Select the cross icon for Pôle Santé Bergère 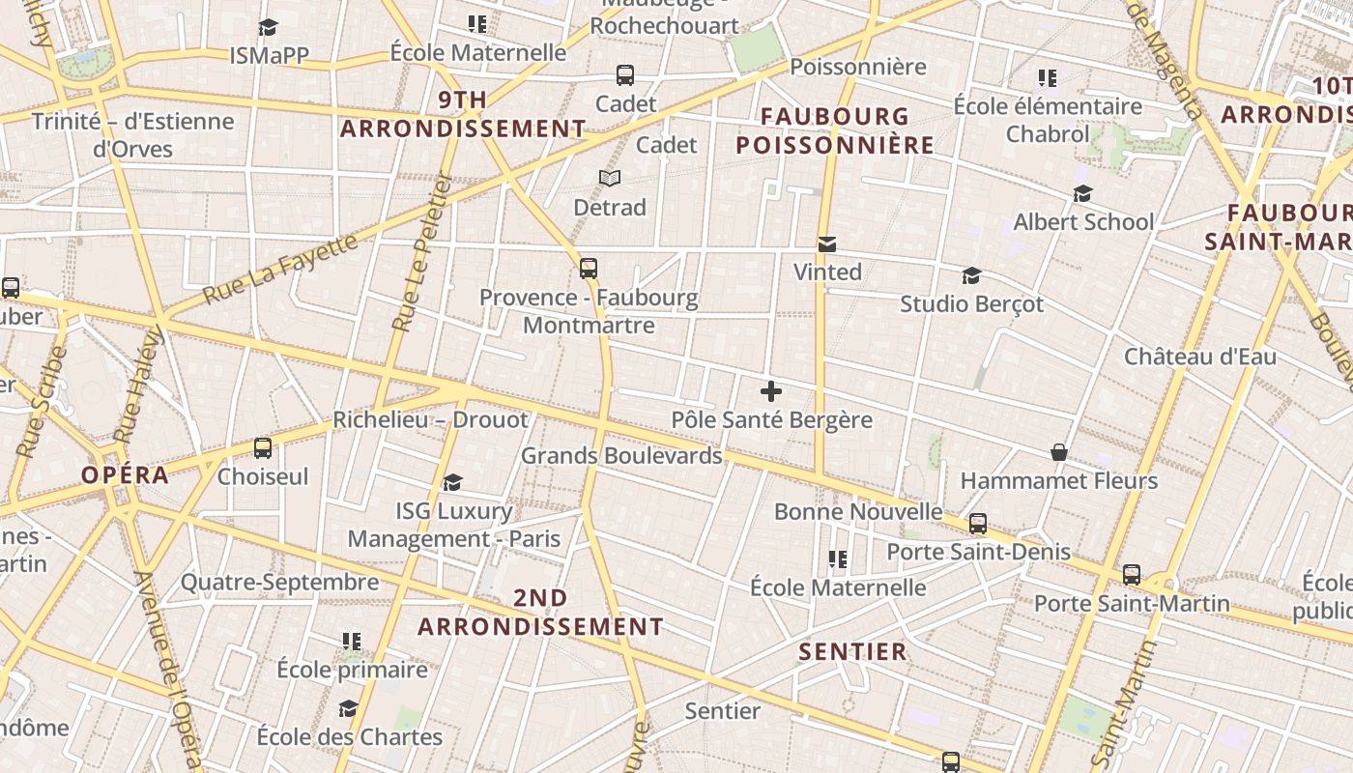(x=771, y=391)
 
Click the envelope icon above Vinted (x=827, y=244)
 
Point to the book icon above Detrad (x=610, y=178)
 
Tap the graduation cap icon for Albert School (x=1082, y=194)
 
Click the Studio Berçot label (x=971, y=304)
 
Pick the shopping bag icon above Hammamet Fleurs (x=1059, y=452)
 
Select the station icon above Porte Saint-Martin (x=1132, y=575)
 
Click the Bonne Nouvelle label (x=858, y=511)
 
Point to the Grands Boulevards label (x=621, y=455)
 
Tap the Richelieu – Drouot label (x=431, y=420)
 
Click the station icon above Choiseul (x=263, y=448)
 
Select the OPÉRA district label (x=126, y=474)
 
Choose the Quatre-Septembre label (x=280, y=583)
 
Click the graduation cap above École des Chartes (x=349, y=708)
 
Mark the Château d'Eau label (x=1199, y=357)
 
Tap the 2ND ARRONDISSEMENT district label (x=540, y=612)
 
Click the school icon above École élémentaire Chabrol (x=1048, y=77)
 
